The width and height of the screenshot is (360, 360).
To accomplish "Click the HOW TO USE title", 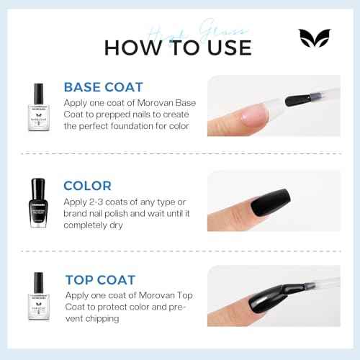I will [178, 48].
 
